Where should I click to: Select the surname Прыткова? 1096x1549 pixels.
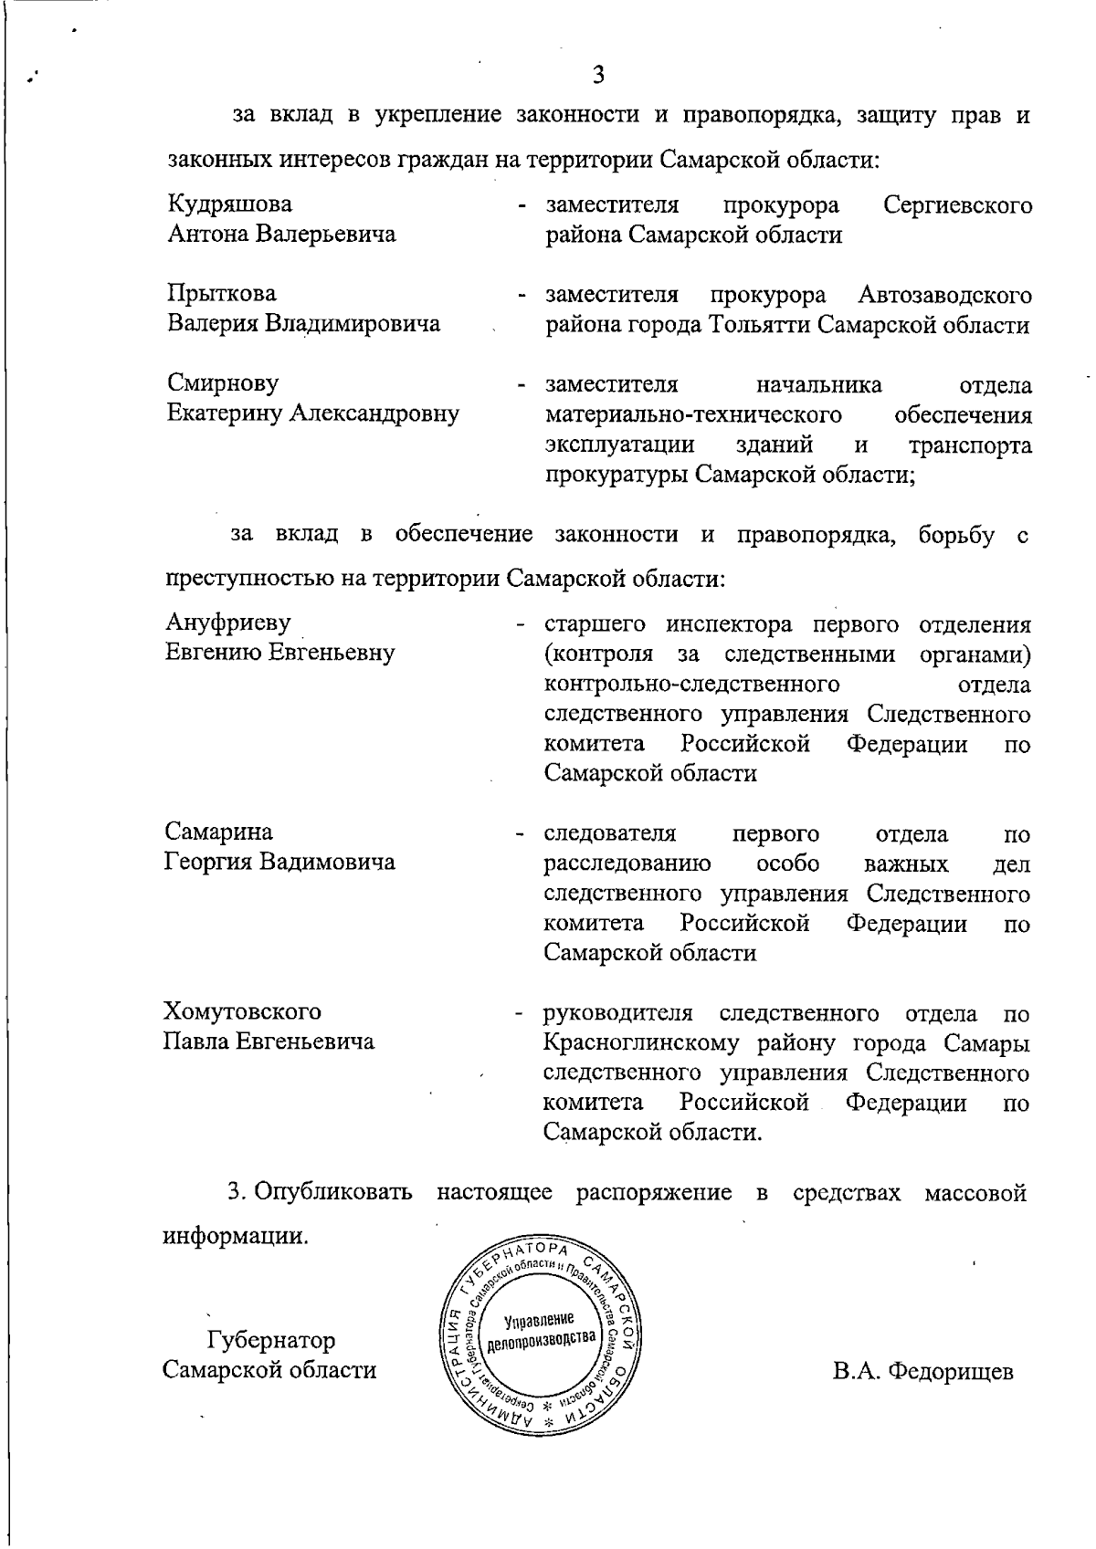221,294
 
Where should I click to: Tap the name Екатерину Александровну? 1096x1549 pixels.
312,414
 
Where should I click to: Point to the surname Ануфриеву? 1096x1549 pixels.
227,623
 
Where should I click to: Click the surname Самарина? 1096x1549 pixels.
218,832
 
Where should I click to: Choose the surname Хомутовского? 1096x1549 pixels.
242,1011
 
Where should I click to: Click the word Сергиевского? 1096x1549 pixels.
958,204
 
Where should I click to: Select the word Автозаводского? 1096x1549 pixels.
945,295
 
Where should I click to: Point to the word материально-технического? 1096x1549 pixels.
693,415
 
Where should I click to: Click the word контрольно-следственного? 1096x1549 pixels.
691,684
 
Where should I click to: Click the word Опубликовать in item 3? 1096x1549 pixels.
333,1192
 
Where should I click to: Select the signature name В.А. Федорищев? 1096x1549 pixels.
922,1371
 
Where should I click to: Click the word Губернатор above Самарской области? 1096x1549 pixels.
271,1340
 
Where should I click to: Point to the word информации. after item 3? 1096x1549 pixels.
235,1237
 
